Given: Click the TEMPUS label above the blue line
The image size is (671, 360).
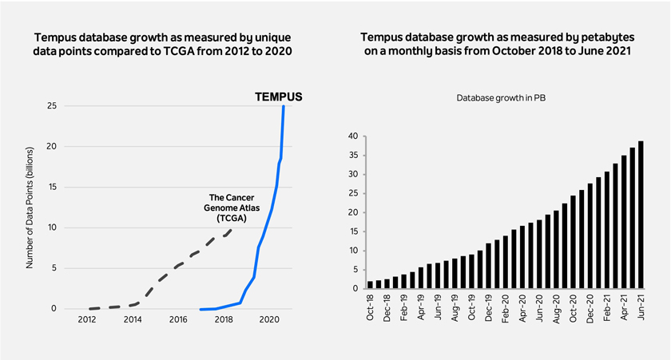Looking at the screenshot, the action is tap(279, 97).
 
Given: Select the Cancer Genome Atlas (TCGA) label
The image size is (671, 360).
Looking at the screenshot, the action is tap(232, 208).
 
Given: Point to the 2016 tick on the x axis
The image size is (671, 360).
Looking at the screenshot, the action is tap(178, 319).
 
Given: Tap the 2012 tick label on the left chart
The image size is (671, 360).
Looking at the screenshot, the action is tap(87, 319).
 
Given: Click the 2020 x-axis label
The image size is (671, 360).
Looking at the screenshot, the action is tap(270, 319).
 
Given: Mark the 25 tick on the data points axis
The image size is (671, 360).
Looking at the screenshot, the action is tap(52, 105).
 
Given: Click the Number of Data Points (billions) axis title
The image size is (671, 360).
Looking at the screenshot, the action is tap(30, 208).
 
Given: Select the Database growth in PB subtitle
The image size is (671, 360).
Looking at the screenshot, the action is tap(501, 98).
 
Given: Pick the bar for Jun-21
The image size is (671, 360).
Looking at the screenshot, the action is tap(641, 215).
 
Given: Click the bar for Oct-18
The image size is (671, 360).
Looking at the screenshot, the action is tap(370, 285).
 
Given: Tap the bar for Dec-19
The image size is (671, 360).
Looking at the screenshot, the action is tap(489, 266).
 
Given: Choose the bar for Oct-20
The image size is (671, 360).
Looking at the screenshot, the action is tap(573, 242).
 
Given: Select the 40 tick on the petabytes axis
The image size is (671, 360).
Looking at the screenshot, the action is tap(353, 136).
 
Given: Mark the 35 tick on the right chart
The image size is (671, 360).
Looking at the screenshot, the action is tap(353, 156).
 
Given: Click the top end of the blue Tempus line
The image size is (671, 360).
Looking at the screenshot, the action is tap(284, 106).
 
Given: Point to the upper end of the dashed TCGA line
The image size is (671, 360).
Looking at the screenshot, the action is tap(232, 230).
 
